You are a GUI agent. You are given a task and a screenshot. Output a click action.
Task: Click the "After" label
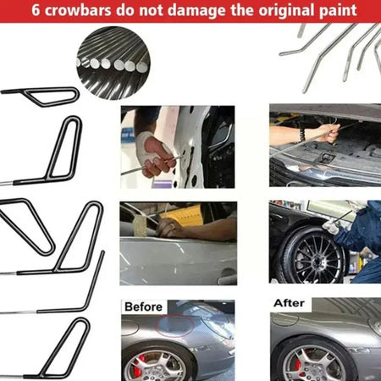(289, 303)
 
